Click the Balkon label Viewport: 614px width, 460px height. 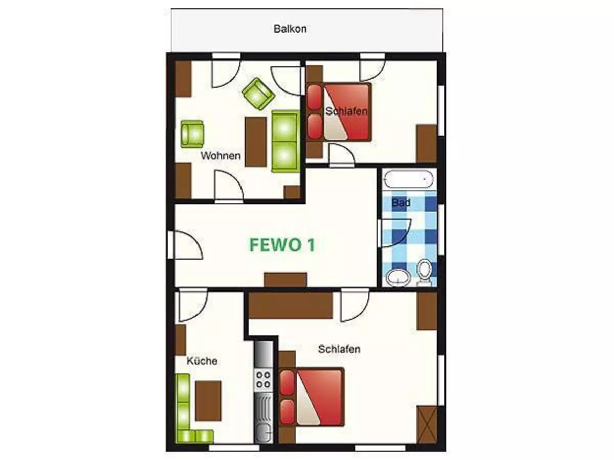tap(290, 29)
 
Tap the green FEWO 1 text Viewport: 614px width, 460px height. tap(282, 245)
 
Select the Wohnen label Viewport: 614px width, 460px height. tap(221, 156)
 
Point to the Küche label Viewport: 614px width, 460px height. tap(202, 361)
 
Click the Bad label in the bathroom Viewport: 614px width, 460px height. tap(401, 202)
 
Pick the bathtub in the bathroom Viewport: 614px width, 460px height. tap(409, 179)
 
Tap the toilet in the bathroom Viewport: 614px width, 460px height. tap(424, 272)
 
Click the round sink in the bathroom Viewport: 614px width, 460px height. tap(399, 278)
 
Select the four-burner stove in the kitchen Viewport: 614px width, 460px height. tap(263, 379)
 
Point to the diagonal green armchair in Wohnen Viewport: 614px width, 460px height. tap(258, 94)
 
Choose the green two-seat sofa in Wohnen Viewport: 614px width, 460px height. tap(286, 141)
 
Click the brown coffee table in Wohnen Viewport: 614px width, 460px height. tap(256, 142)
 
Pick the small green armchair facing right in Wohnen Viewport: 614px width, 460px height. tap(192, 134)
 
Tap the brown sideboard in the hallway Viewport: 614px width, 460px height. tap(286, 280)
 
